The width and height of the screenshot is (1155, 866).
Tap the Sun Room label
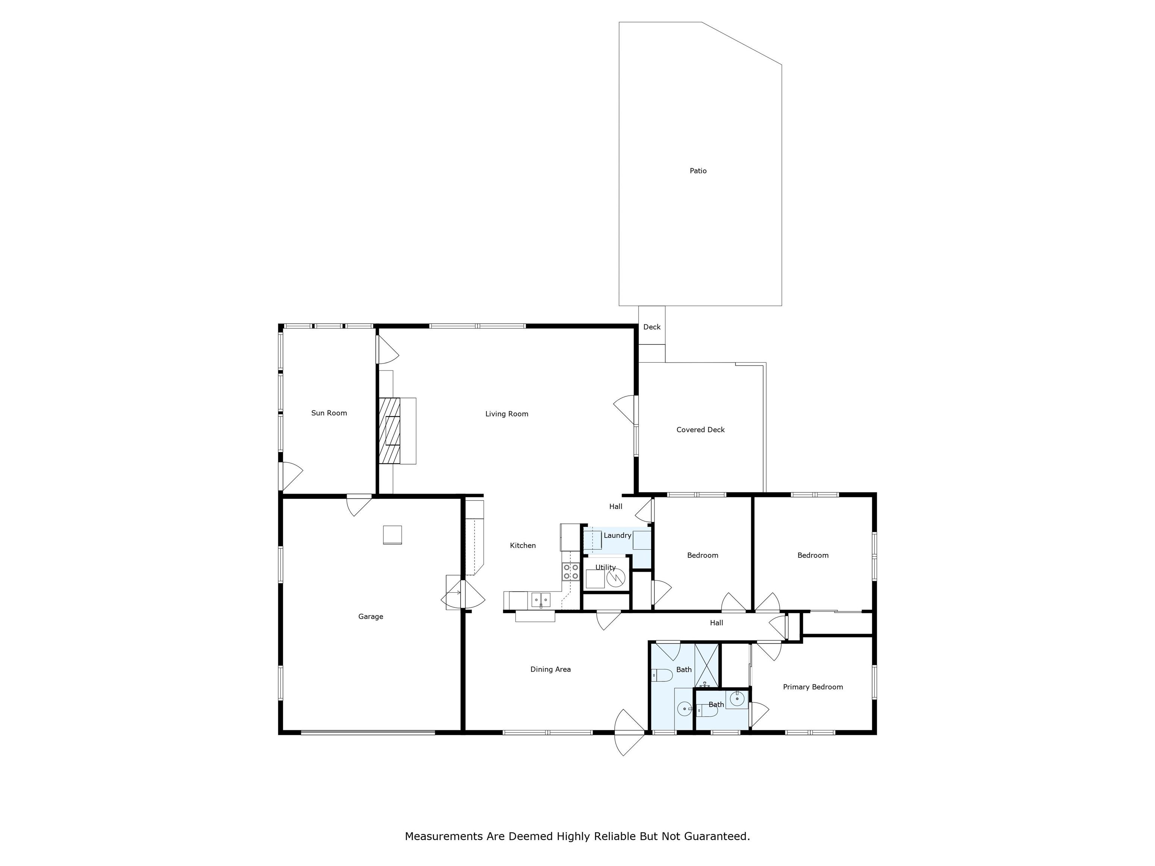click(329, 413)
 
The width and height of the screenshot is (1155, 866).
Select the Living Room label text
click(506, 414)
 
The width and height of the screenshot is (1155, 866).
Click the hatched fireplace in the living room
click(390, 431)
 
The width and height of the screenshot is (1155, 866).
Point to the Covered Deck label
click(700, 430)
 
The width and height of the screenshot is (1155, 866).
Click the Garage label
click(370, 616)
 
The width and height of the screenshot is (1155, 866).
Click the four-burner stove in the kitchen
click(571, 572)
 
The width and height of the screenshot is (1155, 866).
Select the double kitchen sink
click(541, 600)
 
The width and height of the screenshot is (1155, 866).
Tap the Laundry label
click(617, 536)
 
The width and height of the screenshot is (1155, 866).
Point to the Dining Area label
click(550, 669)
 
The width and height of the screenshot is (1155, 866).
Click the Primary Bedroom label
click(812, 687)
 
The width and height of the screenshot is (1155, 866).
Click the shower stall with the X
click(706, 666)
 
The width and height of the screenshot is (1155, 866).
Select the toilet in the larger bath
click(662, 675)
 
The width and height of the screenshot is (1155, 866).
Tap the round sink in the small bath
click(737, 698)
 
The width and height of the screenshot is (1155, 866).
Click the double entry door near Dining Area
click(630, 732)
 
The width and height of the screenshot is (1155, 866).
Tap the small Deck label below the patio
click(652, 327)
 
